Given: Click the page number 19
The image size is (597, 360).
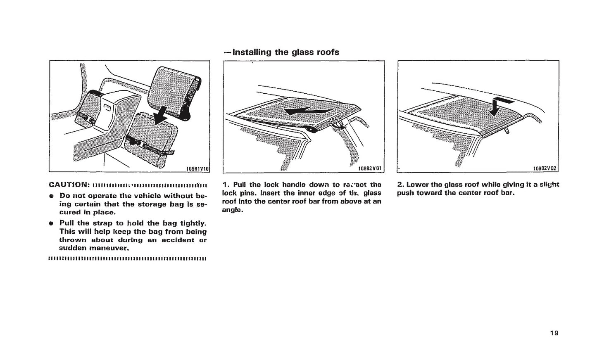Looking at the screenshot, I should [554, 333].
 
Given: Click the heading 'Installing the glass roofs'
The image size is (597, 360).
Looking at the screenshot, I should [281, 52].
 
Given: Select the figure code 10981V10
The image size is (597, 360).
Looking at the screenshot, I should [197, 168].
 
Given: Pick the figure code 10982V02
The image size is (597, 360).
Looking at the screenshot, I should [545, 168].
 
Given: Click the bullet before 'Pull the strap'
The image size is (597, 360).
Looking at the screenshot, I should [51, 223].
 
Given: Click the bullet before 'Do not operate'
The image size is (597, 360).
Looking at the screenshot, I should [51, 196].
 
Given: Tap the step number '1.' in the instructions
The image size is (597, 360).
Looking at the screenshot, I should [226, 185].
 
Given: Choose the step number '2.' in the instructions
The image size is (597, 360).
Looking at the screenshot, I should [401, 185].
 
